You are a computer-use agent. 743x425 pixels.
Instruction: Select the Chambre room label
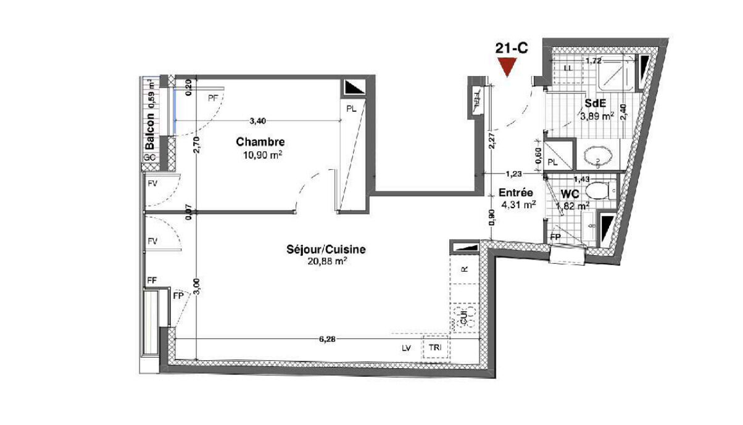260,142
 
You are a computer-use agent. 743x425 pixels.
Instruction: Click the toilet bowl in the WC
599,190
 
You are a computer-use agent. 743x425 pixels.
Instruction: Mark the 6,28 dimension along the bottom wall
325,339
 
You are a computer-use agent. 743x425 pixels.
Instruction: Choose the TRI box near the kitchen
435,348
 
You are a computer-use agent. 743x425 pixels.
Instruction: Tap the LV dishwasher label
406,348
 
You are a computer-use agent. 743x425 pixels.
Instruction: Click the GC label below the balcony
149,158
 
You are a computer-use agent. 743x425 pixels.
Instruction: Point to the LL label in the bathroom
568,67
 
